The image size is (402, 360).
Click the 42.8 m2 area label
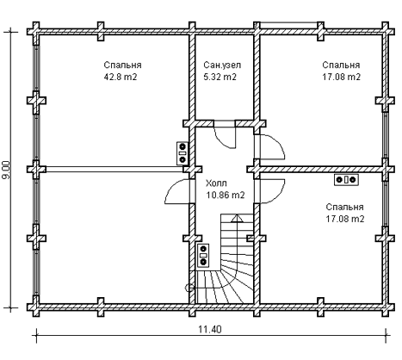pos(121,77)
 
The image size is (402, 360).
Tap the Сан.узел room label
pos(222,65)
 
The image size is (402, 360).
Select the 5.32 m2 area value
pos(220,77)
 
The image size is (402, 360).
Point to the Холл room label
pos(216,183)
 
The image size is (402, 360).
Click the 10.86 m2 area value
pos(226,195)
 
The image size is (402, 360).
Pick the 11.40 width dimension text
pos(210,329)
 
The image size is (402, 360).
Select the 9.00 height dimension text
pos(6,170)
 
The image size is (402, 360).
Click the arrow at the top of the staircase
pos(237,218)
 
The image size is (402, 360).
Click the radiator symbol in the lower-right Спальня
pos(346,180)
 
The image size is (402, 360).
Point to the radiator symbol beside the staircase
pos(203,256)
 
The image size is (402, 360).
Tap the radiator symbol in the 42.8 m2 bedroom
pos(182,153)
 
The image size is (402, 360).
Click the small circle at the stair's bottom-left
pos(189,287)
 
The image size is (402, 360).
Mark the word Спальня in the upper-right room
pos(341,65)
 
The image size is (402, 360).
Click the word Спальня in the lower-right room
pos(344,207)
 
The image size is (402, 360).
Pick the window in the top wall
pos(288,25)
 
